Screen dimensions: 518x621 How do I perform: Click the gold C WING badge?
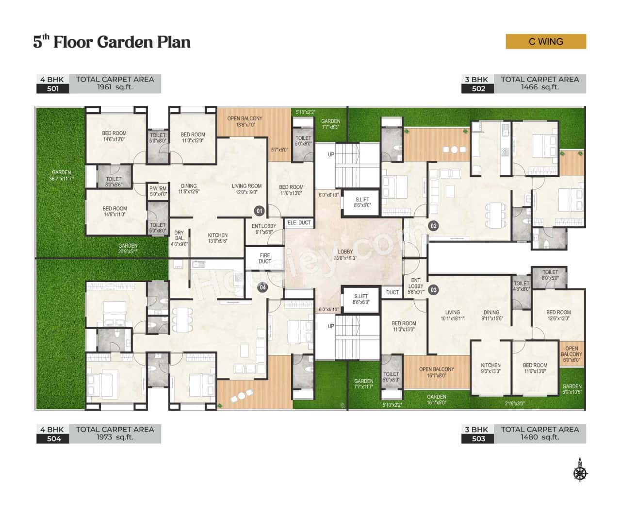tap(546, 42)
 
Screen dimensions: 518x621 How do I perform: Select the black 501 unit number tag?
tap(52, 88)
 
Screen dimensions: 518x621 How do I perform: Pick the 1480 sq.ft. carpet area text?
tap(539, 437)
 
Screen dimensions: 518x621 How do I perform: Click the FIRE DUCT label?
tap(265, 258)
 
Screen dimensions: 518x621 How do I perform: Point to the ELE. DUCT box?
tap(299, 223)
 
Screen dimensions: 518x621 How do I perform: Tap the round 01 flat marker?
tap(259, 211)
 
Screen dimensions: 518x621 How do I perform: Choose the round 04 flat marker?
tap(262, 287)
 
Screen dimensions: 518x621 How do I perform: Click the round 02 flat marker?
tap(433, 226)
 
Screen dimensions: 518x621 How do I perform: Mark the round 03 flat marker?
tap(433, 290)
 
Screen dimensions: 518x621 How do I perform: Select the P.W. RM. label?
tap(158, 191)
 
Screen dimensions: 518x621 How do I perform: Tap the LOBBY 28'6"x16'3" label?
tap(345, 255)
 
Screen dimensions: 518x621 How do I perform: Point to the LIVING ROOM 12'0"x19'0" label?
tap(246, 189)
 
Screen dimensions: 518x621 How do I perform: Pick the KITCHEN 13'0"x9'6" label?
tap(218, 238)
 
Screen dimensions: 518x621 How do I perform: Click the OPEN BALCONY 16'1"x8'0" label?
tap(437, 372)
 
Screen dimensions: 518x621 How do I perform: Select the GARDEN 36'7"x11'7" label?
tap(62, 176)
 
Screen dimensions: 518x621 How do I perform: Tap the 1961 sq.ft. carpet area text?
tap(114, 87)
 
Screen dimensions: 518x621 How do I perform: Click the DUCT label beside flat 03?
tap(392, 292)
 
